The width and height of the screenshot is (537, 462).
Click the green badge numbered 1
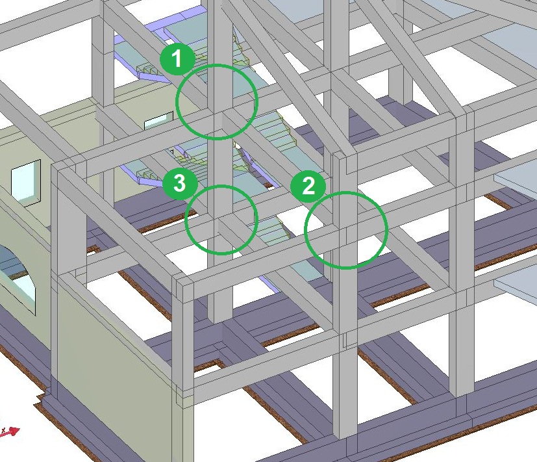177,58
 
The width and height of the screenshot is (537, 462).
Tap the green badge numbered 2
308,186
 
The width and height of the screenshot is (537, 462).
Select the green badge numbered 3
180,183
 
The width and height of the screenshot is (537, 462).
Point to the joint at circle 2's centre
346,229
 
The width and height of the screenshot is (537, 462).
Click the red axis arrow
11,431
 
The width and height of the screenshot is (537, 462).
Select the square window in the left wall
26,183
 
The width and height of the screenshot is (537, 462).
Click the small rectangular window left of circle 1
158,120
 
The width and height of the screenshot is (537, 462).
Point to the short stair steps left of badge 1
147,70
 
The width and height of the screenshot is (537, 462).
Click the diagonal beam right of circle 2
419,259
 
